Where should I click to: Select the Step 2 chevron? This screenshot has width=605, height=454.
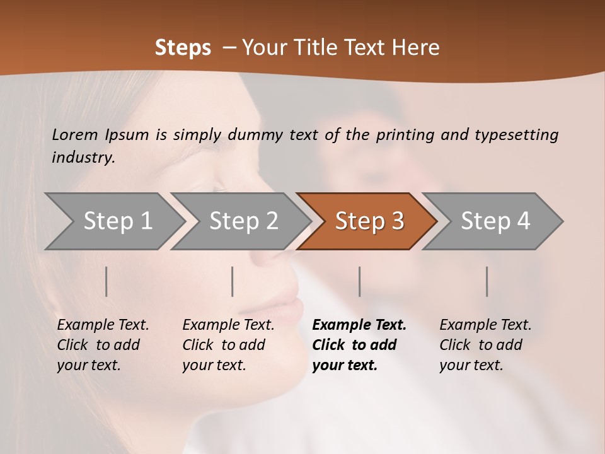coord(243,221)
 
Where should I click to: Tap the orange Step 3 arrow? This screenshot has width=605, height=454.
coord(369,221)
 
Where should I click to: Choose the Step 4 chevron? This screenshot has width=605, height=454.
coord(495,221)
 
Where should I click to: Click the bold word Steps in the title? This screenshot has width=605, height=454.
coord(183,48)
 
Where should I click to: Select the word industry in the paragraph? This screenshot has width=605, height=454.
coord(83,158)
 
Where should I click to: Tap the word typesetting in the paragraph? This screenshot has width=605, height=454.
coord(516,135)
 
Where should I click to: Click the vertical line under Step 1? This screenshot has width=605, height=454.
coord(107,281)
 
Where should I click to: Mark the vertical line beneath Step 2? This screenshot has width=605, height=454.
coord(233,281)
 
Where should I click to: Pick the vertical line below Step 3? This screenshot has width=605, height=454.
coord(359,281)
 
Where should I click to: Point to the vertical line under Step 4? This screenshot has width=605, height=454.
coord(487,281)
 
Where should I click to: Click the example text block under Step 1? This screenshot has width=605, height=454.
coord(103,345)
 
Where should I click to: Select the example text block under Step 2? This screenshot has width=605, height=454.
coord(228,345)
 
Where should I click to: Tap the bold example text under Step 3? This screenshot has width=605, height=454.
coord(359,345)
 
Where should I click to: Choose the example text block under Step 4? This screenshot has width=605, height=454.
coord(485,345)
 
